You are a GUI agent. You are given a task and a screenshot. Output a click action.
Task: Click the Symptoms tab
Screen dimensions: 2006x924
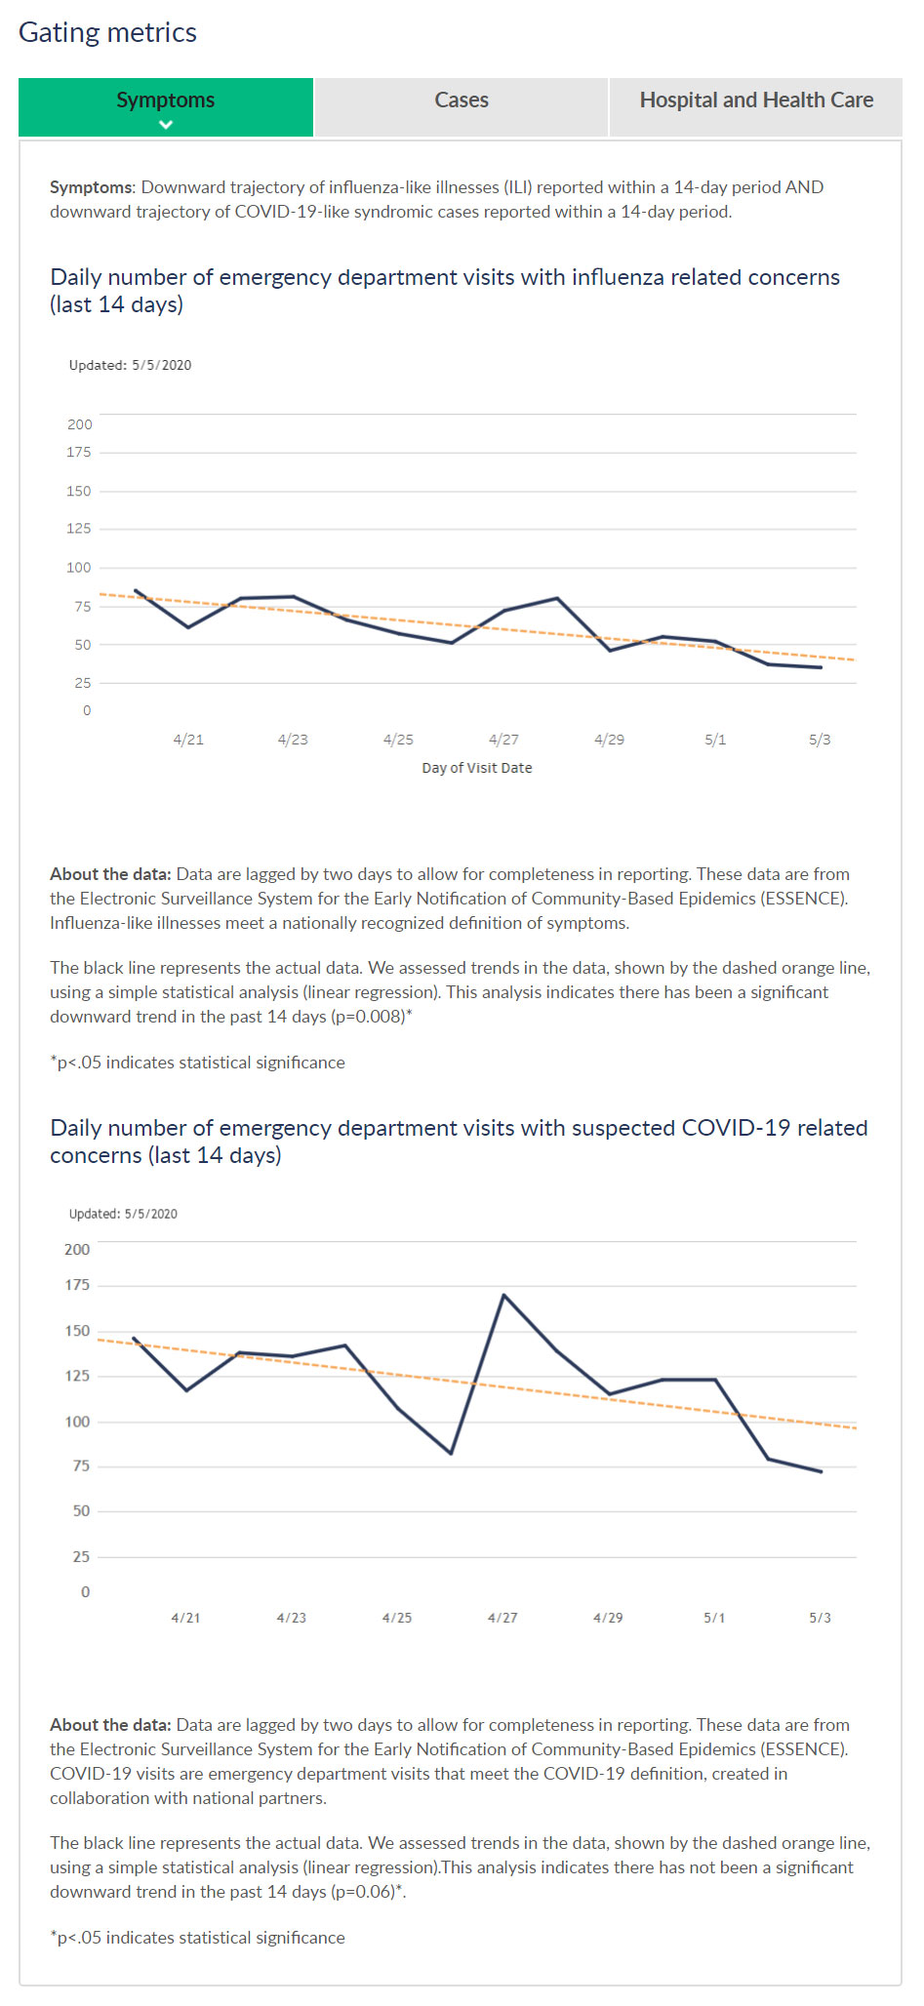(165, 100)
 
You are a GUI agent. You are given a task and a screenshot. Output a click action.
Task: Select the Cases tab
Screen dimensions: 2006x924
(462, 100)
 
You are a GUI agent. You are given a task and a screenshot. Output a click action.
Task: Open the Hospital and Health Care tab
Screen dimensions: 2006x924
(756, 100)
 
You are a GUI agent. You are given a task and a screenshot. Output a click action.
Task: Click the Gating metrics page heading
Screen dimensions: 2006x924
(107, 33)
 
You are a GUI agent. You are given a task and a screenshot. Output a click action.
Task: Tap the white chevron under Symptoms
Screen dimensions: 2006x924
(166, 125)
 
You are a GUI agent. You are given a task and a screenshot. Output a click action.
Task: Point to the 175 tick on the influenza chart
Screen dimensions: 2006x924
(79, 453)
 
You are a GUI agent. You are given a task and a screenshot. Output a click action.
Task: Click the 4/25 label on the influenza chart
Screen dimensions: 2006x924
(398, 740)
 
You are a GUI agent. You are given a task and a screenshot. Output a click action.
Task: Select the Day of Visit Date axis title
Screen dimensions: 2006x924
(477, 768)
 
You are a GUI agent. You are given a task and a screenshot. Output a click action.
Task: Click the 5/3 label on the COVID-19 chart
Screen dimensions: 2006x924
(820, 1618)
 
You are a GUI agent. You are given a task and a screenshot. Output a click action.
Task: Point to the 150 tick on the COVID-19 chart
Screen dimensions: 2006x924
(77, 1331)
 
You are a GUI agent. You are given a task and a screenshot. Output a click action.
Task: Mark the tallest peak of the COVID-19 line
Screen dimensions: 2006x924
(503, 1295)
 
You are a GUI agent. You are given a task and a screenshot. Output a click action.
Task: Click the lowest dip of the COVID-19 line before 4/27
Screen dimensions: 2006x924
(451, 1453)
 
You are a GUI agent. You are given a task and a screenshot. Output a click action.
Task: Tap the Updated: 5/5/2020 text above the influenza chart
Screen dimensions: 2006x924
(130, 365)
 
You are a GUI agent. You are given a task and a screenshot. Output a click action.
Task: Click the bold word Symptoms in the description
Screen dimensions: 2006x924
(92, 187)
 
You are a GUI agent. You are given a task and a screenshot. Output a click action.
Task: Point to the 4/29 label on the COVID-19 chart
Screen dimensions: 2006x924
(608, 1618)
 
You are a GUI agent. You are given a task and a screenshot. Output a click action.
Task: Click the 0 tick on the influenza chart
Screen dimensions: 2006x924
(87, 710)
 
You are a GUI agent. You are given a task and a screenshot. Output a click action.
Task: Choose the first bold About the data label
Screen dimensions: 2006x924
(110, 874)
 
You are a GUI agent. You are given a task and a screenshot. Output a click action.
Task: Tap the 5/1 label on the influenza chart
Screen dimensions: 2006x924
(715, 740)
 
